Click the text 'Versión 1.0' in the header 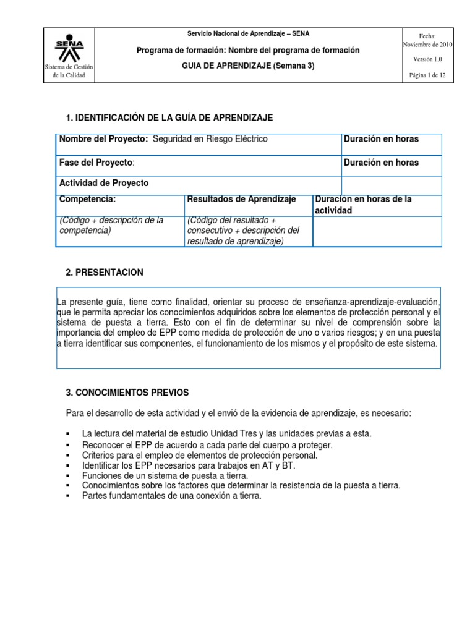(x=428, y=59)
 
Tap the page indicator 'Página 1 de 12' (x=428, y=75)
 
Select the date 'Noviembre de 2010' (x=428, y=45)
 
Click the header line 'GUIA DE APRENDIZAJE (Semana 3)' (x=247, y=66)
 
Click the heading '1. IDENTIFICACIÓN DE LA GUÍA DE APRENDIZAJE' (x=169, y=118)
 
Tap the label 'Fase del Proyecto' (x=96, y=163)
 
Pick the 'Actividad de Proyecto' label (x=104, y=184)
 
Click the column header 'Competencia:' (x=87, y=199)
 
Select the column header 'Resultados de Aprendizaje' (x=241, y=199)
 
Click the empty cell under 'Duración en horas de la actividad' (x=377, y=231)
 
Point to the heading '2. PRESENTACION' (x=105, y=273)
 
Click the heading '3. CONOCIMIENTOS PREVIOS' (x=127, y=393)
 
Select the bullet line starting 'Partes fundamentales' (x=172, y=496)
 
